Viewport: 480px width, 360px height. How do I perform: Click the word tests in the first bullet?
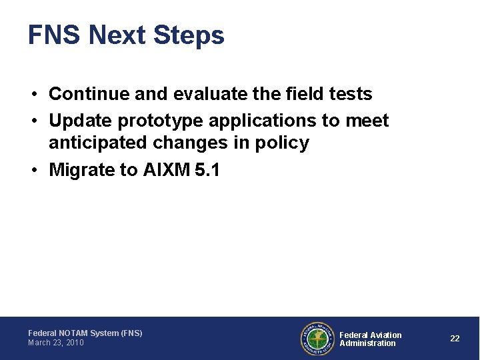[x=351, y=94]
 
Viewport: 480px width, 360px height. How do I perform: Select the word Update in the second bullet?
[x=81, y=121]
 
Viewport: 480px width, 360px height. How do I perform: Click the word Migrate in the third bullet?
[x=82, y=170]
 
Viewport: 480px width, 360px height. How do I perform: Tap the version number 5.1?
[x=207, y=170]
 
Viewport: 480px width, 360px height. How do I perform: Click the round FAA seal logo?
[x=317, y=339]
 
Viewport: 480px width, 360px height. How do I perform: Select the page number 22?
[x=455, y=339]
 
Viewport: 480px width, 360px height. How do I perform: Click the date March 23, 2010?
[x=56, y=343]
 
